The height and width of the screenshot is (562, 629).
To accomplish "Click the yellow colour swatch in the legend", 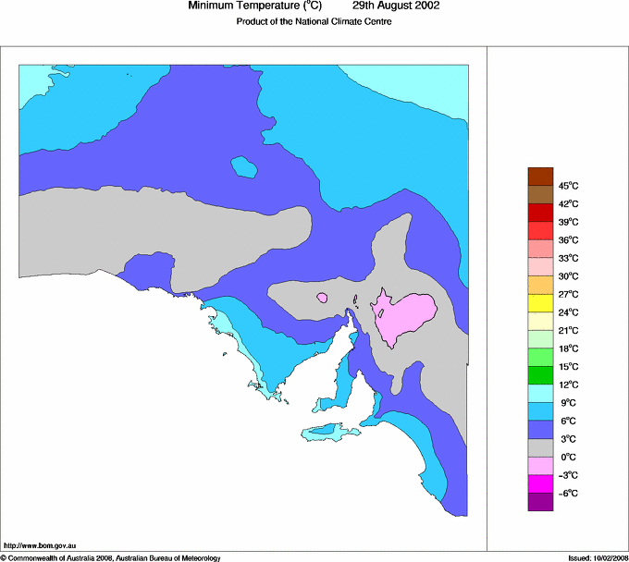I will pos(540,303).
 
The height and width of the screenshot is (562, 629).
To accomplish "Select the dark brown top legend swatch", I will pos(540,177).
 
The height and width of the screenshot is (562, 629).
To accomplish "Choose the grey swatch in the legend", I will pos(540,447).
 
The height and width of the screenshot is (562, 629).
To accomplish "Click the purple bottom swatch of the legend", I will pos(540,502).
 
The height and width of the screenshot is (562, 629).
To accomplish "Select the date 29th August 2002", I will pos(396,6).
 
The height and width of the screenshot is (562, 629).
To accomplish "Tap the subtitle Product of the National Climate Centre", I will pos(314,22).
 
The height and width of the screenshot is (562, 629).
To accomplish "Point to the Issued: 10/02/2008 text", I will pos(598,557).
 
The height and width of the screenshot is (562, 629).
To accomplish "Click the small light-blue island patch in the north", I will pos(244,167).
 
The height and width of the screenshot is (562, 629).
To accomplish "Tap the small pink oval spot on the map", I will pos(322,298).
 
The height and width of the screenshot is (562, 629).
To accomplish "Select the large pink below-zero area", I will pos(405,314).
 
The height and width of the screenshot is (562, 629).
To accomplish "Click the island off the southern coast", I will pos(328,431).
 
